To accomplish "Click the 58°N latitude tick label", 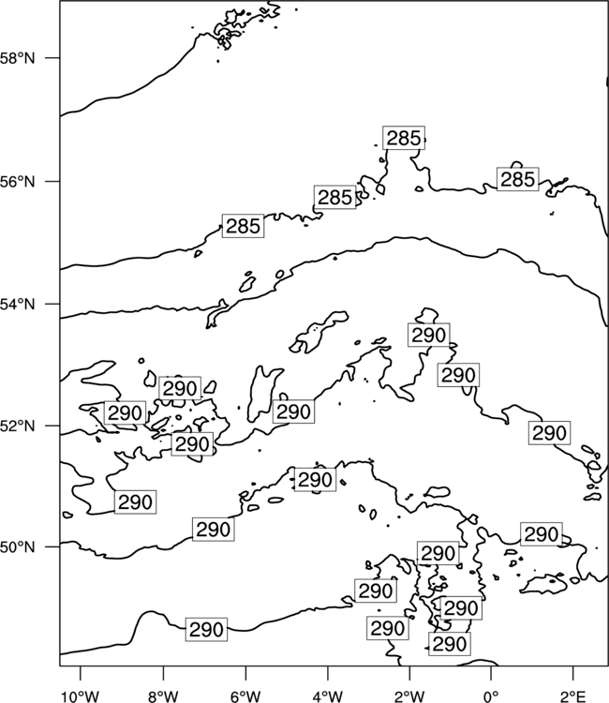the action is point(17,58).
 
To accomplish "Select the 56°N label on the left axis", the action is point(17,182).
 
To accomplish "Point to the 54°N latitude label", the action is point(17,304).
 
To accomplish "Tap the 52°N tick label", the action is point(17,426).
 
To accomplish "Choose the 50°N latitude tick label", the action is point(17,547).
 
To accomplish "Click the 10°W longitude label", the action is point(81,696).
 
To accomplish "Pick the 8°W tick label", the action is point(163,696).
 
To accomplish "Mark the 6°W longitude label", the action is point(245,696).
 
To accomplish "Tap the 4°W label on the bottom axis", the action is point(327,696).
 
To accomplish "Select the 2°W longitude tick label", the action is point(409,696).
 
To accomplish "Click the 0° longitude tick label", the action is point(491,696).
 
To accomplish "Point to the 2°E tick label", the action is point(573,696).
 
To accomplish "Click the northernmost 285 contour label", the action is point(404,138).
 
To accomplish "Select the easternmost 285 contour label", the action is point(517,179).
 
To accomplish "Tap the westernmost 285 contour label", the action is point(243,226).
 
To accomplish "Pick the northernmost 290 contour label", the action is point(429,335).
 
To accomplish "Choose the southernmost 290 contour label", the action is point(450,644).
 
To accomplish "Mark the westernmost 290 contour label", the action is point(125,413).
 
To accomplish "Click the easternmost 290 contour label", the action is point(549,433).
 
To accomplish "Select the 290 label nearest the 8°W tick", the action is point(206,630).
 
